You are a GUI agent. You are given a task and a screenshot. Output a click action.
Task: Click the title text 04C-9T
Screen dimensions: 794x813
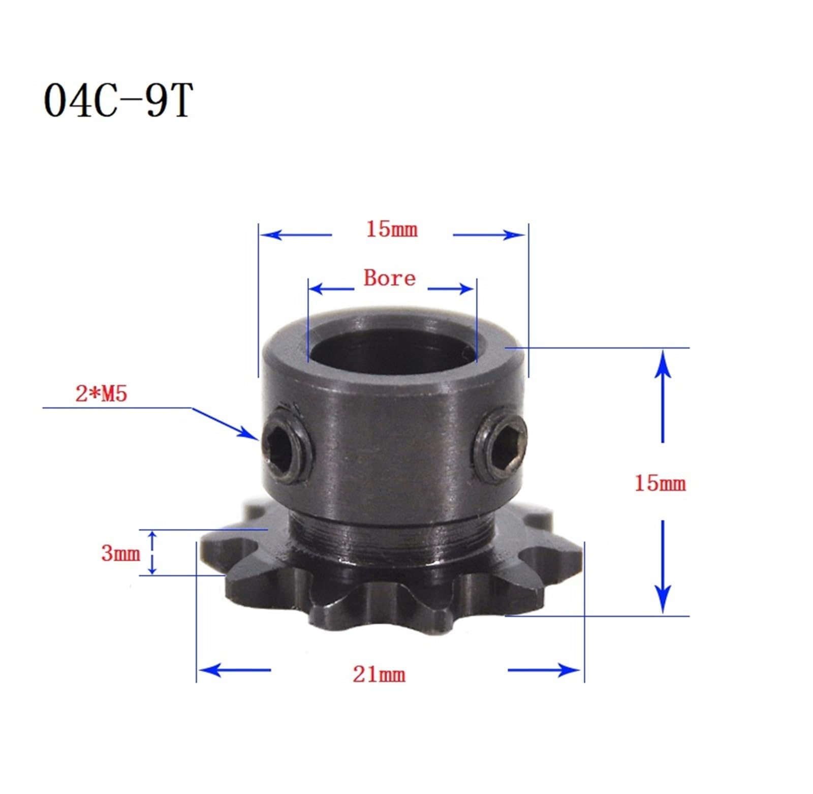pyautogui.click(x=118, y=101)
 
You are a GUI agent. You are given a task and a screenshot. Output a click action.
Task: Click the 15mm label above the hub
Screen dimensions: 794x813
pyautogui.click(x=392, y=230)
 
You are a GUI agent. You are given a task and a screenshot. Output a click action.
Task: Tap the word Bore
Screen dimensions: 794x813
pyautogui.click(x=389, y=278)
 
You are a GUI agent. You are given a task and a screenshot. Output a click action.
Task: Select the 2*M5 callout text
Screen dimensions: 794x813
pyautogui.click(x=101, y=394)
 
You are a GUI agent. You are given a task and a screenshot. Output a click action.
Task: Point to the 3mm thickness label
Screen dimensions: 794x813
pyautogui.click(x=120, y=553)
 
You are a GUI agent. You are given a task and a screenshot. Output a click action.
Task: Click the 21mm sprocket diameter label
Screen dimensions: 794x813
pyautogui.click(x=379, y=675)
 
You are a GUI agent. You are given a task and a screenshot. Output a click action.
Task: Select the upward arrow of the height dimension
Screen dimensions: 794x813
pyautogui.click(x=663, y=366)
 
